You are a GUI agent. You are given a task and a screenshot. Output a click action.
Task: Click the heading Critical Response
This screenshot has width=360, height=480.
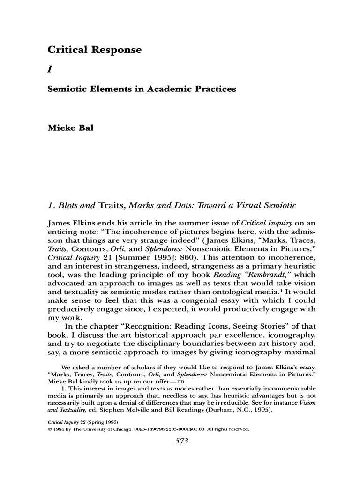pyautogui.click(x=94, y=50)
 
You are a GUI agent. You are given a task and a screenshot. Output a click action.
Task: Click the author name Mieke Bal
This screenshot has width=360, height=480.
pyautogui.click(x=71, y=127)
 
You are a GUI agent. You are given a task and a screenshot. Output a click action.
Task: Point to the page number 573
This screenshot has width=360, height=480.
pyautogui.click(x=181, y=441)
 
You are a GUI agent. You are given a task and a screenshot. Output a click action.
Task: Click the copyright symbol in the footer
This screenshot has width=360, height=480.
pyautogui.click(x=50, y=429)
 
